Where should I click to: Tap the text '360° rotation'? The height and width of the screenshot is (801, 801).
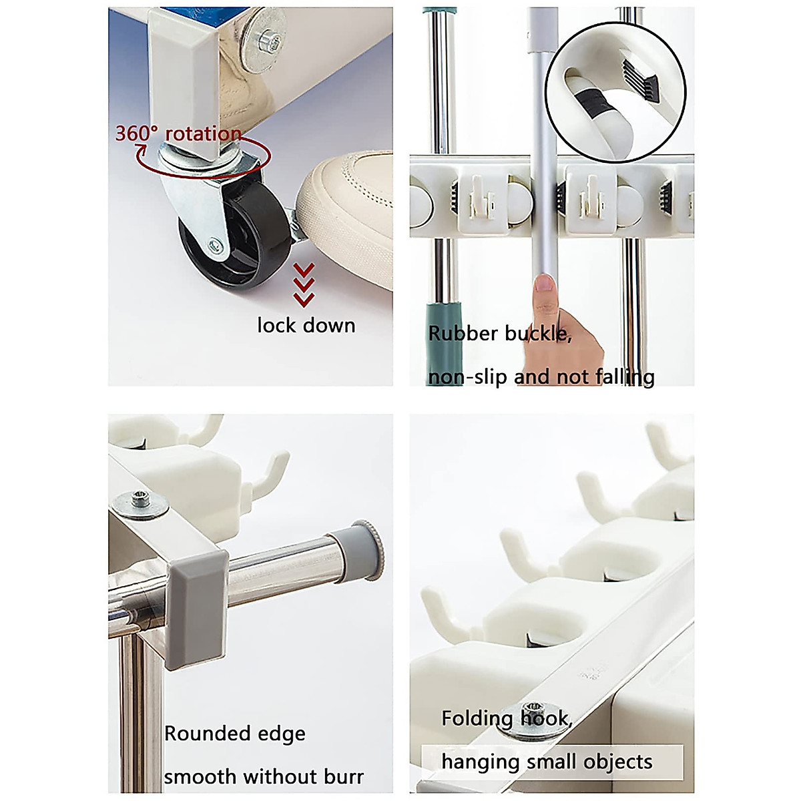point(178,133)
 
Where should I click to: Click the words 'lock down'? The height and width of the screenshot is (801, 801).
point(306,326)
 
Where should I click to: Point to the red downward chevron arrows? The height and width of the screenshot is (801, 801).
point(304,286)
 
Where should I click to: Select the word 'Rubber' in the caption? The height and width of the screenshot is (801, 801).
point(463,333)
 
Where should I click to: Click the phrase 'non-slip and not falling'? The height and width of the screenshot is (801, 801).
point(541,377)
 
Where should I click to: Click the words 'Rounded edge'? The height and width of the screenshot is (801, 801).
point(234,734)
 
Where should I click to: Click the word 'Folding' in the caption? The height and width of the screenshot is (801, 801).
point(477,719)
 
